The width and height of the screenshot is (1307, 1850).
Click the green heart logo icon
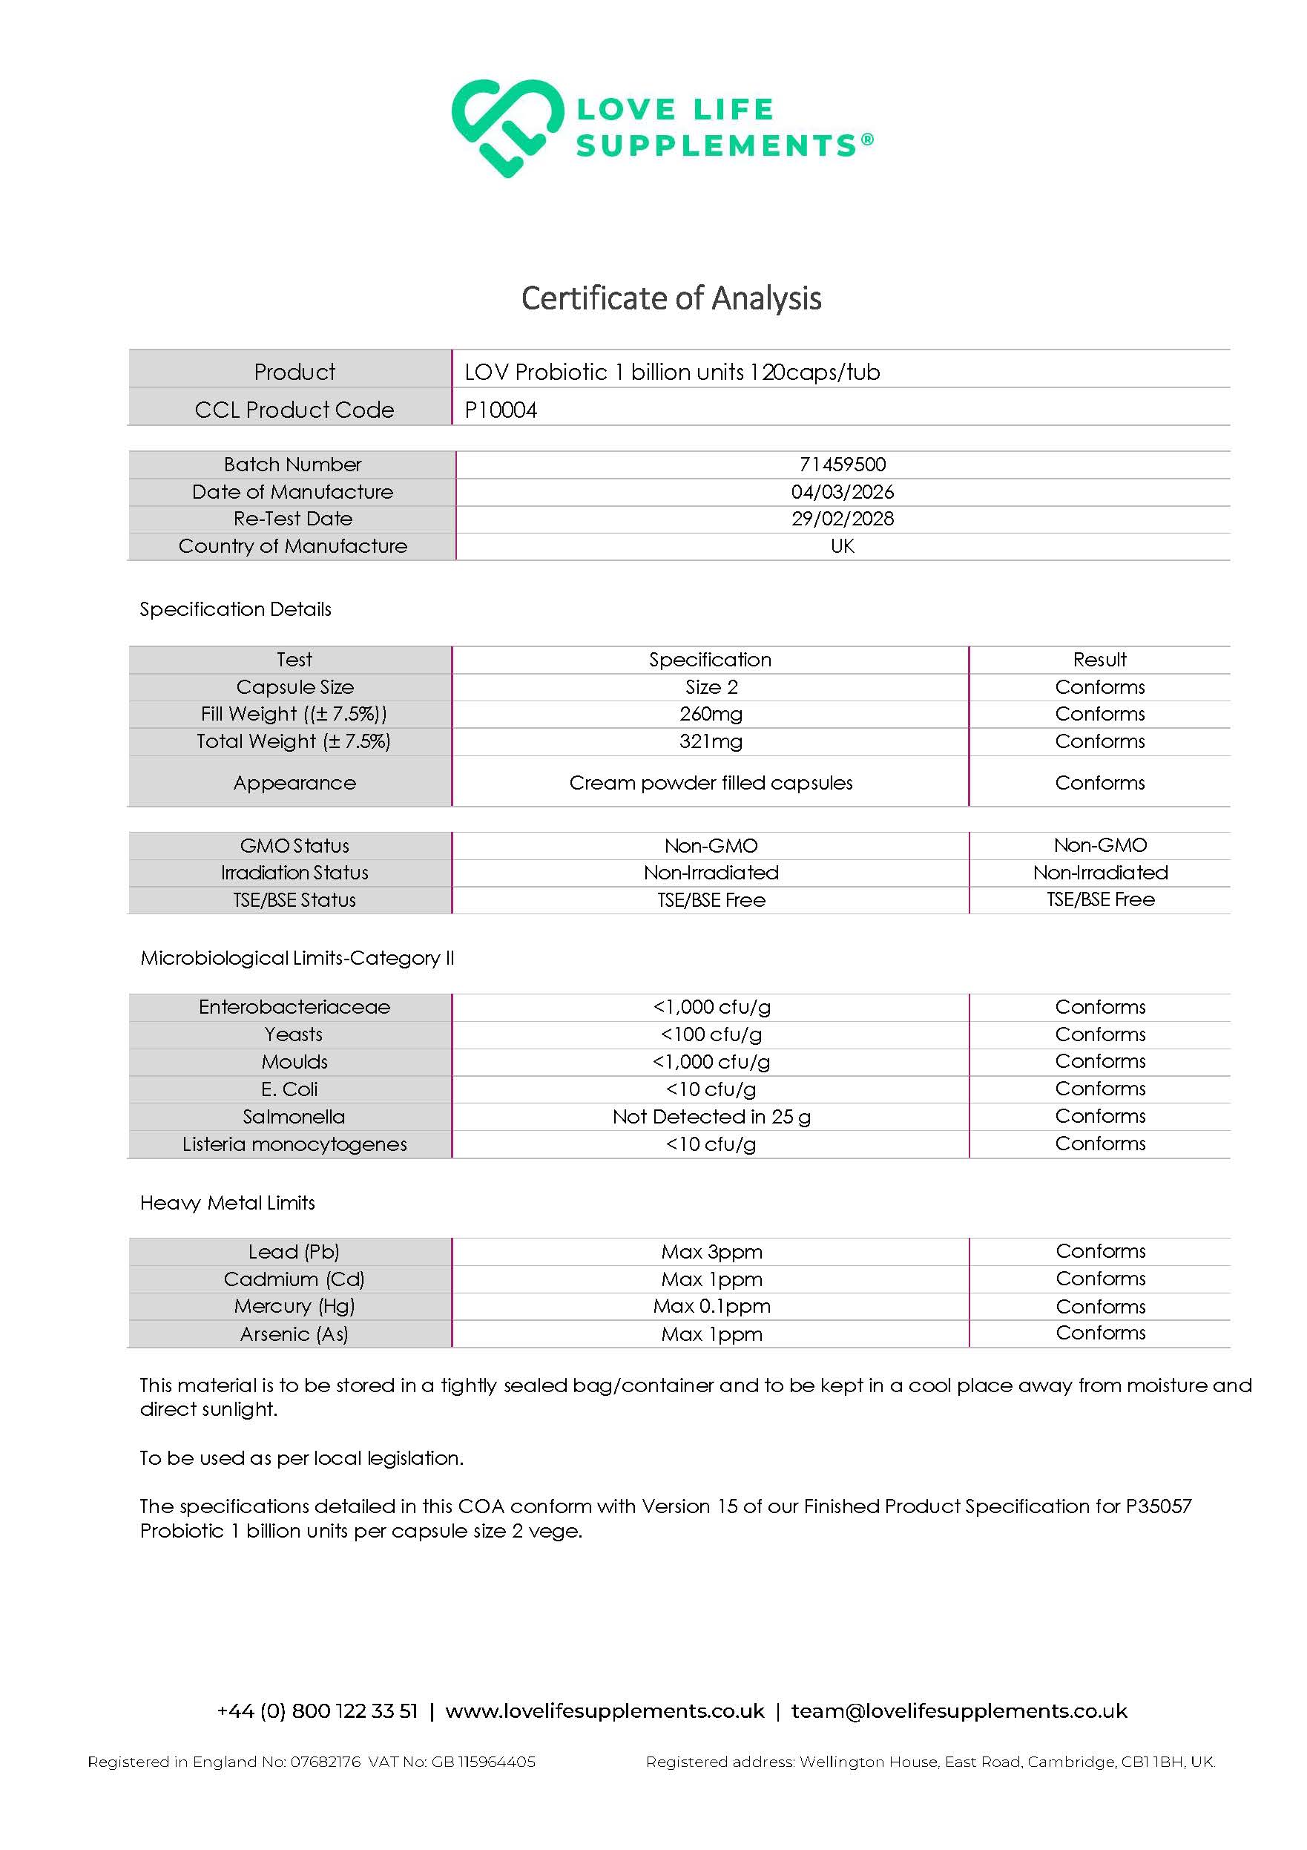(507, 128)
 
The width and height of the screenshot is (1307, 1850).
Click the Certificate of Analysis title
(671, 298)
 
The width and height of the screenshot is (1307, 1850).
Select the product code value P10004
(501, 410)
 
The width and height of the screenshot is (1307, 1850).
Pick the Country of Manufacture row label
(293, 546)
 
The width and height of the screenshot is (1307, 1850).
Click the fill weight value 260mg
(711, 714)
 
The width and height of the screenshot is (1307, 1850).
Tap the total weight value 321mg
(711, 741)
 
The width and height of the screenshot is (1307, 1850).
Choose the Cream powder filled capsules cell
(711, 783)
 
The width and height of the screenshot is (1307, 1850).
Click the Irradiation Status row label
(294, 873)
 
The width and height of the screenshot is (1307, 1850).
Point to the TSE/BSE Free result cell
(1100, 899)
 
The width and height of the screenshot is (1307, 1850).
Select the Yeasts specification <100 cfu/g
(711, 1034)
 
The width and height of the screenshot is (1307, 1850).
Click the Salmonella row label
(294, 1117)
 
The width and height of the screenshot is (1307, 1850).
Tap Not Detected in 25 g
(711, 1117)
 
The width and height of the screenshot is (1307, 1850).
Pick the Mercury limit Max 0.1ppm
(711, 1306)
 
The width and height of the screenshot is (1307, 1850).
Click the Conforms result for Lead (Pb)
(1100, 1251)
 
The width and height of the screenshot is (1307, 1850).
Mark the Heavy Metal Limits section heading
(227, 1203)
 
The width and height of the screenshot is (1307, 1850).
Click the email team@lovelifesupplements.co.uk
(958, 1710)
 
